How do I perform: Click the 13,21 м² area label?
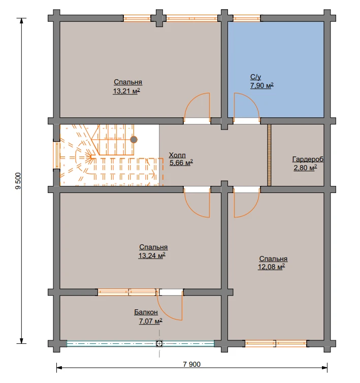[126, 91]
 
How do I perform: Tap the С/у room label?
[255, 77]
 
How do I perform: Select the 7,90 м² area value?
[262, 85]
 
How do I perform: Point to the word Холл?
[177, 155]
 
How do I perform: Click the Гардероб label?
[308, 159]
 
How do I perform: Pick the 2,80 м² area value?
[305, 168]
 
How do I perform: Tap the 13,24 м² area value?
[152, 256]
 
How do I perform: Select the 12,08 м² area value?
[271, 267]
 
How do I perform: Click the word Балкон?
[146, 312]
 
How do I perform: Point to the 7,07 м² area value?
[151, 321]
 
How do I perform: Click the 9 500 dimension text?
[19, 181]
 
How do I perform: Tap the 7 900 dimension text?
[192, 364]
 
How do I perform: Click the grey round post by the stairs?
[134, 140]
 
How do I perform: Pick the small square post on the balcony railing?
[159, 344]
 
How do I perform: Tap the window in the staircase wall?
[57, 155]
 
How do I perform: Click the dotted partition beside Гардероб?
[269, 155]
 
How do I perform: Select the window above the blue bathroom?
[247, 18]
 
